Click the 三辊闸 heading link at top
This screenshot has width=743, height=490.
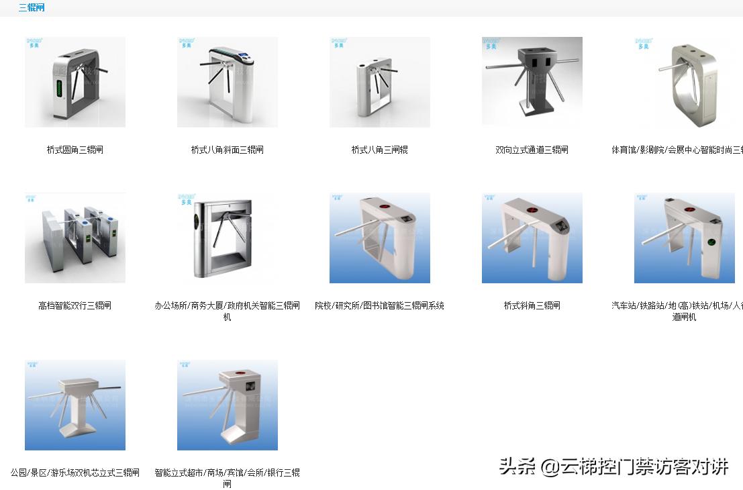coord(31,8)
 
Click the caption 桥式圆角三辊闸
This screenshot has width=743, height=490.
coord(75,150)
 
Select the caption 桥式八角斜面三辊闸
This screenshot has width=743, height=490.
coord(227,150)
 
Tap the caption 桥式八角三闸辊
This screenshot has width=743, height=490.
coord(379,150)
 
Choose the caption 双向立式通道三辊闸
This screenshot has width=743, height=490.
coord(532,150)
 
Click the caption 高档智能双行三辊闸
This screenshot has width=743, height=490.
coord(75,305)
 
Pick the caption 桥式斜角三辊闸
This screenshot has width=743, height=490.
coord(532,305)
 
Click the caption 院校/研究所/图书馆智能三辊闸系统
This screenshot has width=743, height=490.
coord(379,305)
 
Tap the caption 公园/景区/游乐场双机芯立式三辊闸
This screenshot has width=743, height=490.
coord(75,473)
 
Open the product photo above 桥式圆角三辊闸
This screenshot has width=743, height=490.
coord(75,82)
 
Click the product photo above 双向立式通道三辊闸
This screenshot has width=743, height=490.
coord(532,82)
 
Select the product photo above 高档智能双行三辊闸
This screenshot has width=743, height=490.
coord(75,238)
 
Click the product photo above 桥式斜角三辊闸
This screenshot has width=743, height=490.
coord(532,238)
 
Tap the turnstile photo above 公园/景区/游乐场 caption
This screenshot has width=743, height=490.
coord(75,405)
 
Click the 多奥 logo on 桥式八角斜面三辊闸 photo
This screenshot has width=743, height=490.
coord(186,43)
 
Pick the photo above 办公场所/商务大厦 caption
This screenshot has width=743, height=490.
coord(227,238)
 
